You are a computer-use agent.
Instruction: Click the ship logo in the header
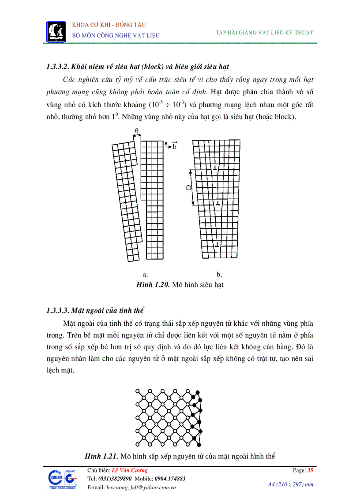(x=56, y=31)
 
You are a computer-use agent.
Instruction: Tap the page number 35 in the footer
(x=310, y=470)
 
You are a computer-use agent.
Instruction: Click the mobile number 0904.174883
(x=170, y=479)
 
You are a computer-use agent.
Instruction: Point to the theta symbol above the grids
(x=137, y=130)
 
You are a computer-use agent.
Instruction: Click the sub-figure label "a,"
(x=146, y=274)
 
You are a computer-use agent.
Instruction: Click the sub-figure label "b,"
(x=219, y=274)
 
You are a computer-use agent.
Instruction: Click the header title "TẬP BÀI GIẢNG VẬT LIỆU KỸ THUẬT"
(x=264, y=33)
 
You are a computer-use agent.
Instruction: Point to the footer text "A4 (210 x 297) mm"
(x=290, y=484)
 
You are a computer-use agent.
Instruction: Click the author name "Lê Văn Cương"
(x=130, y=470)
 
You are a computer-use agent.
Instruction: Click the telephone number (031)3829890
(x=116, y=479)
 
